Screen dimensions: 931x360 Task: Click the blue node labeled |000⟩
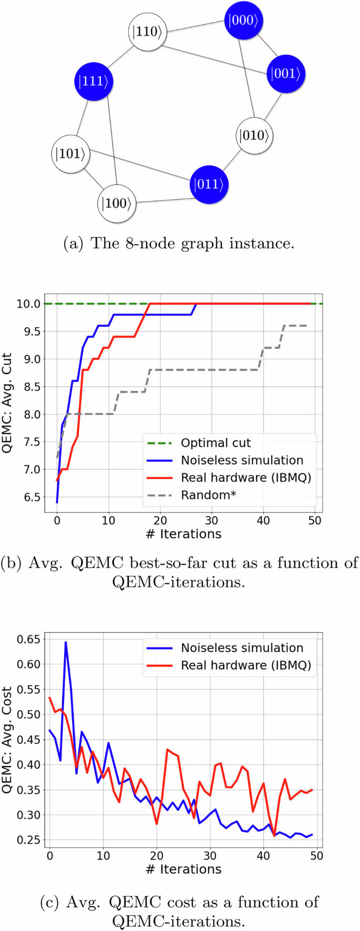pos(243,20)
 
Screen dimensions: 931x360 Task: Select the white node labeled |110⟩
pos(148,32)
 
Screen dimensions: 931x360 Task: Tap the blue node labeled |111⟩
pos(94,81)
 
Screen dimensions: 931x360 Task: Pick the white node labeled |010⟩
pos(254,136)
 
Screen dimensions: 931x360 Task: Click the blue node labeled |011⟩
pos(209,184)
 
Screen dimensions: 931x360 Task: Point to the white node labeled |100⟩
pos(117,203)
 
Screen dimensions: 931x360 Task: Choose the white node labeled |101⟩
pos(70,154)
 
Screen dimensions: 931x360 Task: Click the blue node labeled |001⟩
pos(286,74)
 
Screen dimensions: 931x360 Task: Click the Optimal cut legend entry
pos(216,443)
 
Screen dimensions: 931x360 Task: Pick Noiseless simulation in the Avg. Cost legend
pos(242,648)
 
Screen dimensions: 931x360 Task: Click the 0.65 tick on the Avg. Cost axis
pos(29,639)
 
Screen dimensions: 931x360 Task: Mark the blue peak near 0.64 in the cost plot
pos(66,642)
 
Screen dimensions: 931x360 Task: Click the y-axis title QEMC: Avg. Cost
pos(7,740)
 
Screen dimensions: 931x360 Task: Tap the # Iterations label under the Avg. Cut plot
pos(183,534)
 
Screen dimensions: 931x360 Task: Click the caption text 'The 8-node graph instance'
pos(193,244)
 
